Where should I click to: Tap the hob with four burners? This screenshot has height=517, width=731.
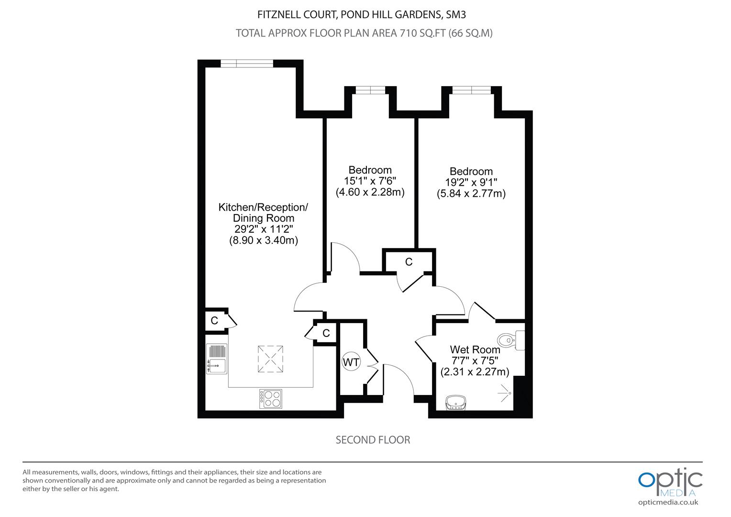(270, 398)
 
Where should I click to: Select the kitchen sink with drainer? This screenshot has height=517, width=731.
(217, 359)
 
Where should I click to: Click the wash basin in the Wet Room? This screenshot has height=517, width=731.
(455, 403)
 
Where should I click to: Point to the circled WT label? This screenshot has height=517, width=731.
(351, 362)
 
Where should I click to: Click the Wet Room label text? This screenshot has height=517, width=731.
(475, 349)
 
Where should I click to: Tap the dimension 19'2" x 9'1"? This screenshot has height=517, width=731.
(471, 182)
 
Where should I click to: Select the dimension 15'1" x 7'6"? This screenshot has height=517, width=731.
(370, 180)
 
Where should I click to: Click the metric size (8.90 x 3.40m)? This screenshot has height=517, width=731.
(263, 240)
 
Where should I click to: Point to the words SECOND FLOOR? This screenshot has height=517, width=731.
(373, 440)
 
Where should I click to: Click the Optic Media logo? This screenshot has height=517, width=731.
(670, 483)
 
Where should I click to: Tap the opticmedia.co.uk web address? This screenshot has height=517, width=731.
(668, 503)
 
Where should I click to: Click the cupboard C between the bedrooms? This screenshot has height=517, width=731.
(409, 261)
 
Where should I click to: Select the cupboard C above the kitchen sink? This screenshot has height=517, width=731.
(214, 320)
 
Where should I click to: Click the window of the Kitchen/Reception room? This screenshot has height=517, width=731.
(247, 63)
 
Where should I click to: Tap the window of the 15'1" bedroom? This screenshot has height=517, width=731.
(370, 90)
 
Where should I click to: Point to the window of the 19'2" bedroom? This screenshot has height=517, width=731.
(471, 90)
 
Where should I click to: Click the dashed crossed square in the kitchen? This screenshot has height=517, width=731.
(270, 359)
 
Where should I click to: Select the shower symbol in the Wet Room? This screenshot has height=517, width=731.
(504, 393)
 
